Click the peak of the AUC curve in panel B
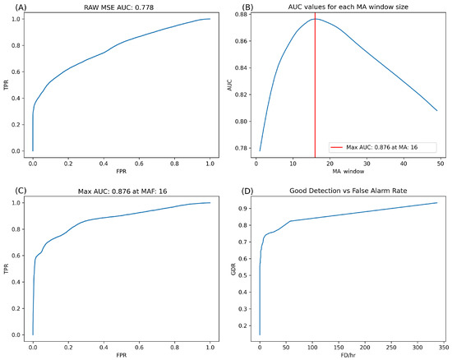point(315,18)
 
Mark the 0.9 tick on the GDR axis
point(250,209)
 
